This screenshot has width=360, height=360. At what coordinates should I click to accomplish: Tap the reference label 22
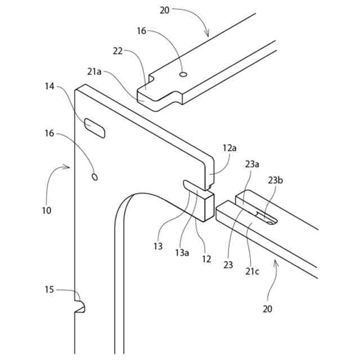pyautogui.click(x=117, y=51)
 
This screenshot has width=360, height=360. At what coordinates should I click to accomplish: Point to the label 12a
pyautogui.click(x=229, y=148)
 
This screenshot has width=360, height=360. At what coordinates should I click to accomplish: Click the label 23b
pyautogui.click(x=276, y=181)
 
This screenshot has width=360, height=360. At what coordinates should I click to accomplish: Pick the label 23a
pyautogui.click(x=251, y=164)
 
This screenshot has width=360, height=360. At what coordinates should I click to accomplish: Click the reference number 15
pyautogui.click(x=49, y=290)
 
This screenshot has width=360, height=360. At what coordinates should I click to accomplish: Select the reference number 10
pyautogui.click(x=46, y=211)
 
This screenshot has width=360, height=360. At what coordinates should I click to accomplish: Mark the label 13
pyautogui.click(x=158, y=246)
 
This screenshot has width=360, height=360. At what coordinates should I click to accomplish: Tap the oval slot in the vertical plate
pyautogui.click(x=94, y=128)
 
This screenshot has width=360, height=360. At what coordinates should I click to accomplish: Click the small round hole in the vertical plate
pyautogui.click(x=94, y=177)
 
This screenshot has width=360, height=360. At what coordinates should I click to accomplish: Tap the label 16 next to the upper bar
pyautogui.click(x=142, y=31)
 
